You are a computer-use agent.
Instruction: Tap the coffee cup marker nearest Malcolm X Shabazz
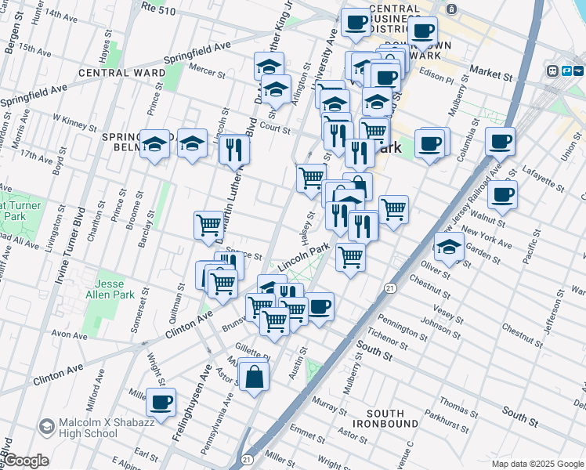(161, 403)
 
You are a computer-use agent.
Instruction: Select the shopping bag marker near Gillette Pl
(255, 377)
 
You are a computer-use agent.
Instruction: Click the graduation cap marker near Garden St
(450, 247)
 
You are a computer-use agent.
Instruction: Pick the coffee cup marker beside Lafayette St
(502, 194)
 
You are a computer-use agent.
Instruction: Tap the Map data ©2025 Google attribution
(537, 463)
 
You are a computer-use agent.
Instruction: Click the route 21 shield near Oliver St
(389, 288)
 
